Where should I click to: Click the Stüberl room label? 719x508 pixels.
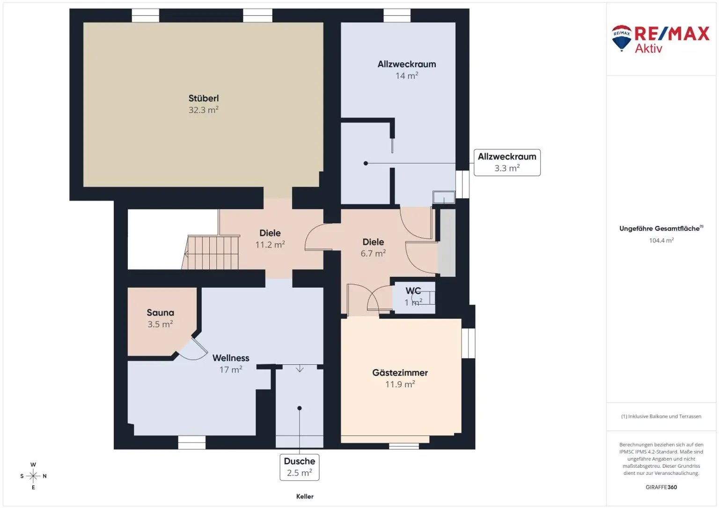click(x=203, y=98)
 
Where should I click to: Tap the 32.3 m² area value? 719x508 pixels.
click(x=203, y=110)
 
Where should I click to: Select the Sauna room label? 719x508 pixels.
click(x=160, y=312)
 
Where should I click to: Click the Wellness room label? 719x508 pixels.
click(x=230, y=358)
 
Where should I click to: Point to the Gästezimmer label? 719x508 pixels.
click(x=400, y=373)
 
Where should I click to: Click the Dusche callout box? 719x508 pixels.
click(x=300, y=467)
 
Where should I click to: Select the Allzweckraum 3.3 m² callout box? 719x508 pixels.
click(x=507, y=162)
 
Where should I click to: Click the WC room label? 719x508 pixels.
click(x=413, y=291)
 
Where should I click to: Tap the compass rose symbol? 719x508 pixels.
click(x=33, y=476)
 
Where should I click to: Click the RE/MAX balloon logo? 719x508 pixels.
click(x=622, y=38)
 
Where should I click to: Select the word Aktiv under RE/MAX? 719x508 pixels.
click(x=648, y=48)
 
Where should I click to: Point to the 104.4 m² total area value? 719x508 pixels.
click(x=661, y=240)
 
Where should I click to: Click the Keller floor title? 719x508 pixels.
click(x=305, y=496)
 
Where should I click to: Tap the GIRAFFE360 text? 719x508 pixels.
click(x=661, y=487)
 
